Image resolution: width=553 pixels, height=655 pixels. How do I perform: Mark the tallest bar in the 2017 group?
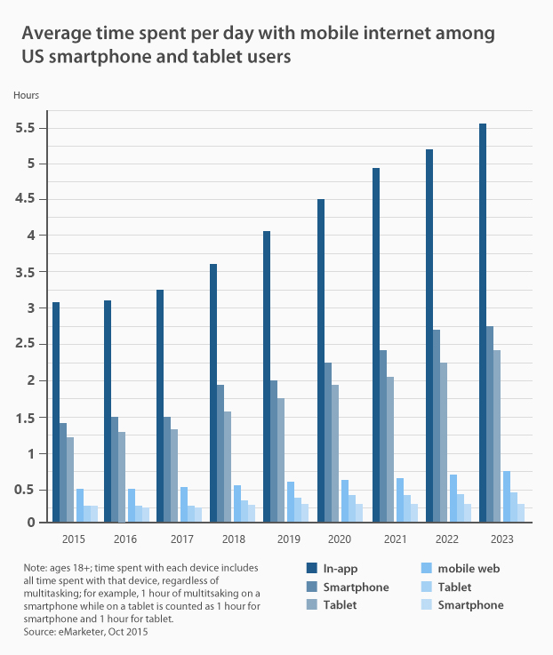tap(161, 405)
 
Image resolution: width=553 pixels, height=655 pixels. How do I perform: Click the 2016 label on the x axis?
tap(125, 539)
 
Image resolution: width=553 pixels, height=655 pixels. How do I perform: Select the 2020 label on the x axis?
tap(340, 539)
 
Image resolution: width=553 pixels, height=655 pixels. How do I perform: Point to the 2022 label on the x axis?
tap(446, 539)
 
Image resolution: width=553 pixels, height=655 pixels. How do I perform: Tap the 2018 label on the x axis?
tap(233, 539)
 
